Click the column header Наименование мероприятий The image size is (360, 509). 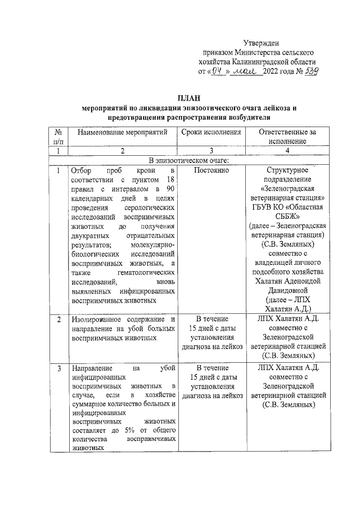tap(120, 132)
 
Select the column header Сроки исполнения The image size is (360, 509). tap(211, 132)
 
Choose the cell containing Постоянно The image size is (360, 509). tap(211, 170)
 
